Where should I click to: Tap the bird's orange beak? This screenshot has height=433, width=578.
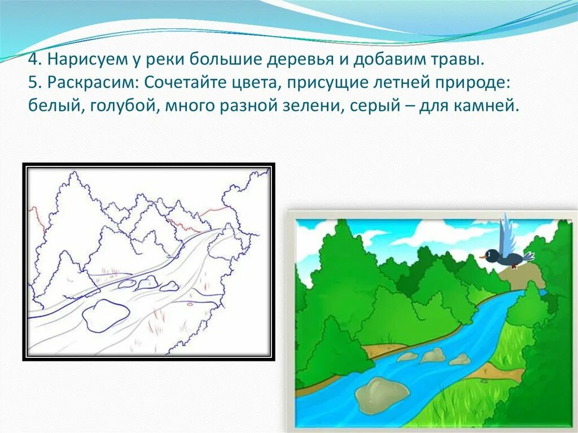[x=483, y=257]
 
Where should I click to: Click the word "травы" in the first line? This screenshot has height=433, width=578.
[x=461, y=59]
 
